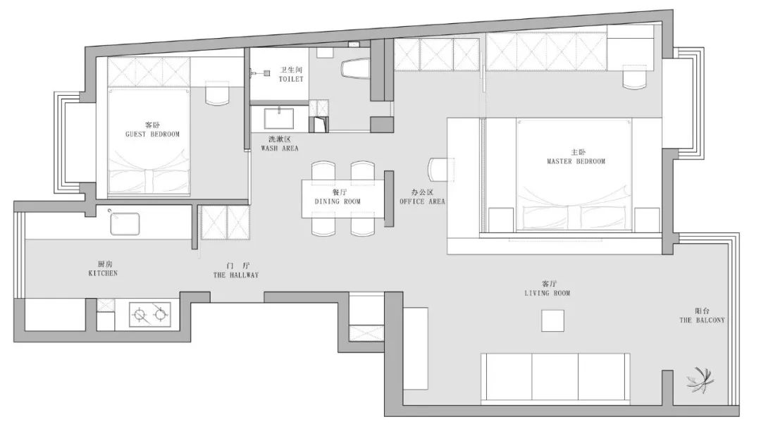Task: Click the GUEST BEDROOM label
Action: point(152,135)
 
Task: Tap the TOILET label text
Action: point(291,79)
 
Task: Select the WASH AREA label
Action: point(280,149)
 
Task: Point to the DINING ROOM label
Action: point(338,201)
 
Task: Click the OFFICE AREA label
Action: point(422,201)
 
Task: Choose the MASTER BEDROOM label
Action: point(576,161)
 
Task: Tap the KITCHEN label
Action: point(103,273)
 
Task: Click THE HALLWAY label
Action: point(236,275)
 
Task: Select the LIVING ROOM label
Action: point(547,293)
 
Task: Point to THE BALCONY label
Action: point(702,320)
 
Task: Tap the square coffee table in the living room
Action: point(553,320)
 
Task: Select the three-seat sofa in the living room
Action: point(555,379)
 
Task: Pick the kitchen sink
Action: point(125,224)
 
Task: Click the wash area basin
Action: point(278,118)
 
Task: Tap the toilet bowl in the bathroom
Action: point(355,68)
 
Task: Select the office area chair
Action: point(440,170)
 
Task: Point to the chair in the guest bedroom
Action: point(217,93)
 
